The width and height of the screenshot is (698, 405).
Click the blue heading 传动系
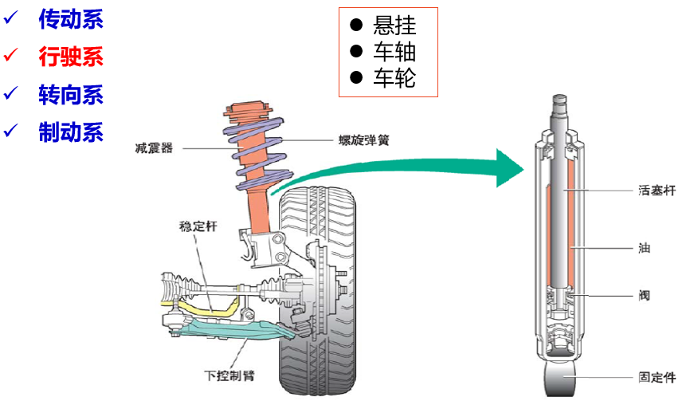pos(71,19)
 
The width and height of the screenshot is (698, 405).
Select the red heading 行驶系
pos(71,57)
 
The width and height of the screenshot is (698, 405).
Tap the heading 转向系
pos(71,95)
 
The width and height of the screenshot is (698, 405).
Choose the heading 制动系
pos(71,132)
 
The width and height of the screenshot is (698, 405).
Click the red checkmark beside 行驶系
pos(10,55)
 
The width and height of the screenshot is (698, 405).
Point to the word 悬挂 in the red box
pos(394,26)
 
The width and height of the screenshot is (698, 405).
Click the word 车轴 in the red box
pos(394,52)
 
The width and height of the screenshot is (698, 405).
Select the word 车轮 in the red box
pos(394,78)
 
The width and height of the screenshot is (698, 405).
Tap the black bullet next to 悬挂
pos(356,25)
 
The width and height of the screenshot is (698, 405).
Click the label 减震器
pos(154,148)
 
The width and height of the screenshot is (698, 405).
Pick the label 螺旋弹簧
pos(363,140)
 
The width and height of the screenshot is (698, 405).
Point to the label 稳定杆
pos(198,226)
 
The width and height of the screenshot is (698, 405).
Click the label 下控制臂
pos(229,376)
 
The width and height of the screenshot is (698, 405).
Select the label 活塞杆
pos(657,191)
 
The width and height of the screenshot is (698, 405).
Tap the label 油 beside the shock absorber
pos(644,248)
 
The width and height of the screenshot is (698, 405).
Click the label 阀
pos(644,296)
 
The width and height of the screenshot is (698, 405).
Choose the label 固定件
pos(657,377)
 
